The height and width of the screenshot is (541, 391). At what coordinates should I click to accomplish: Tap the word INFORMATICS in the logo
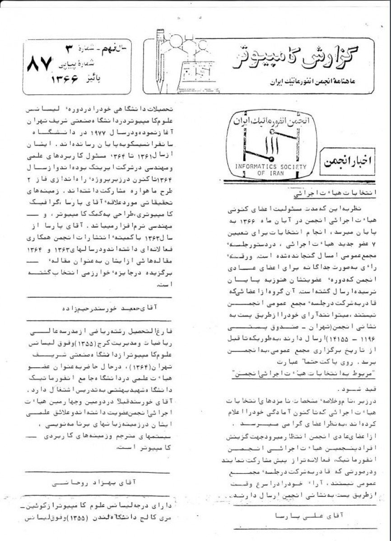(255, 167)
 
